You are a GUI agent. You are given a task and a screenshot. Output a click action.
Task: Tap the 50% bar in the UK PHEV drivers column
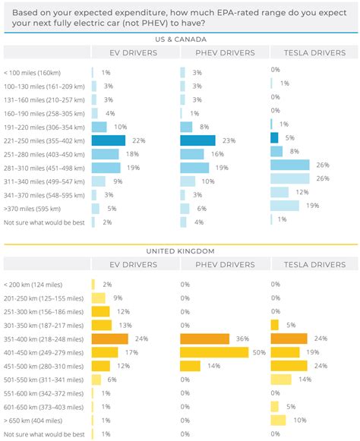click(x=214, y=352)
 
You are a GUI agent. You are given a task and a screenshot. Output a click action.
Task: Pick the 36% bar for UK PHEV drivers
click(x=204, y=339)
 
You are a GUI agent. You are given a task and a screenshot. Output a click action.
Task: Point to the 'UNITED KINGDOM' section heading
click(x=180, y=250)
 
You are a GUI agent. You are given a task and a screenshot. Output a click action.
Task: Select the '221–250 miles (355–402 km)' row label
click(x=44, y=140)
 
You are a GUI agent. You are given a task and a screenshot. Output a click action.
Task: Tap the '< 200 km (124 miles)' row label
click(x=35, y=284)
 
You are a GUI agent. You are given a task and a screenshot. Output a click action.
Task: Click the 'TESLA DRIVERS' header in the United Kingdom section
click(x=313, y=264)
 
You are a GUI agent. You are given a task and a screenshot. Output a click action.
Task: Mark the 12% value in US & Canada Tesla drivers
click(x=302, y=192)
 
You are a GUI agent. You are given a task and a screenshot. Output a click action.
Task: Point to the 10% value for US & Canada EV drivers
click(x=120, y=127)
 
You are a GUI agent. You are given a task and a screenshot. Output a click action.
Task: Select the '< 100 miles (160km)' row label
click(x=32, y=72)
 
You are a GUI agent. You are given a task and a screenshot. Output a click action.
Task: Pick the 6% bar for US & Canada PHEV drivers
click(x=186, y=208)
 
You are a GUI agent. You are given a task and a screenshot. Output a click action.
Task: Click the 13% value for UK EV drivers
click(x=124, y=325)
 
